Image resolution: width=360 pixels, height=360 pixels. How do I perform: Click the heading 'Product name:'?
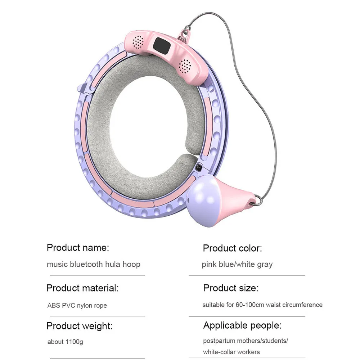tap(78, 248)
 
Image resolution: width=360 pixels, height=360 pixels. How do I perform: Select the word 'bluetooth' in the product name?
tap(86, 264)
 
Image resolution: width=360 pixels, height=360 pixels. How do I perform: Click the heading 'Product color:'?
tap(233, 248)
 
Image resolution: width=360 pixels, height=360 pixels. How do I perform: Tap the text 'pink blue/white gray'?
tap(237, 264)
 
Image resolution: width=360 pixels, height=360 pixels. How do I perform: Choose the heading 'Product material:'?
tap(82, 288)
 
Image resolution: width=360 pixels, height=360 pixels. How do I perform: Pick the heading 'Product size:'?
tap(231, 288)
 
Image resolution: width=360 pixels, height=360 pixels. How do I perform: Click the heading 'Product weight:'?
tap(80, 326)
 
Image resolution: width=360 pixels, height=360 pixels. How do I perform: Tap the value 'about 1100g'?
tap(65, 342)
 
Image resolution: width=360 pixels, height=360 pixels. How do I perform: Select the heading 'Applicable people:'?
tap(242, 326)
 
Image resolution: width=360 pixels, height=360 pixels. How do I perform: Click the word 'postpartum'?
tap(217, 341)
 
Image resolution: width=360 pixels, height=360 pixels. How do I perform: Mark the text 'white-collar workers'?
tap(231, 352)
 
